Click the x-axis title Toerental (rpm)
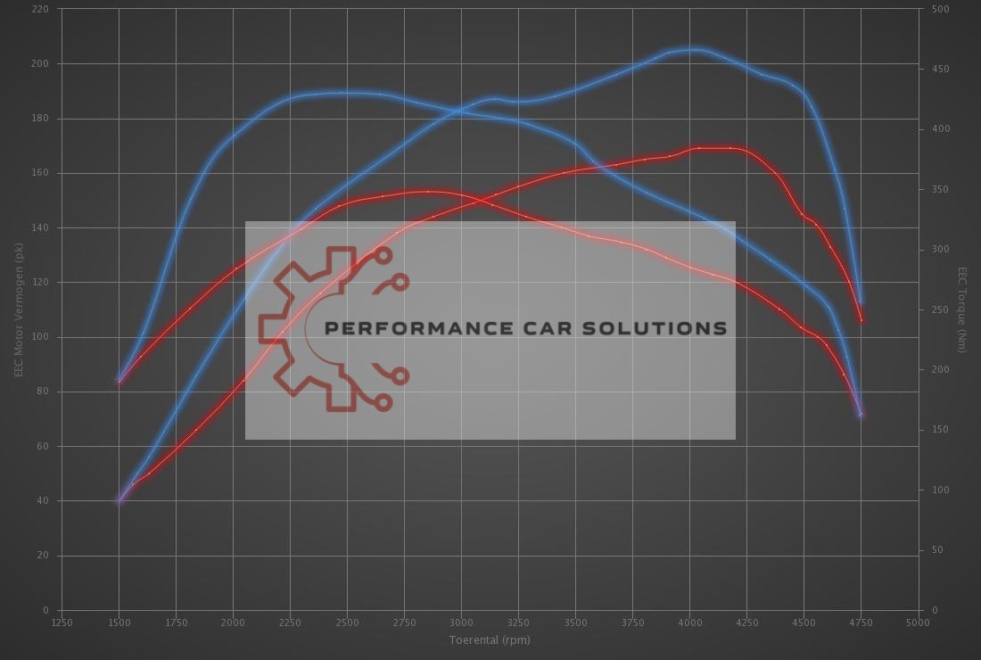click(490, 640)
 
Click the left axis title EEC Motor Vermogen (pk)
click(18, 309)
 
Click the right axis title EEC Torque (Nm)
click(962, 309)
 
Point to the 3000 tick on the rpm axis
click(460, 623)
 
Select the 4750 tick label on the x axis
click(861, 623)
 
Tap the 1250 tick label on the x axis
click(62, 623)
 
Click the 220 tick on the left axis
click(42, 9)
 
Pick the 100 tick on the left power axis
click(42, 337)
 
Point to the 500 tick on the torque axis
click(940, 9)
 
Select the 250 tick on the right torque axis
click(940, 309)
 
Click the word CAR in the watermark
click(553, 328)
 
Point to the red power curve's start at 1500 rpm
click(119, 501)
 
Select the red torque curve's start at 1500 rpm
click(119, 382)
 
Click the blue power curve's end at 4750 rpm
click(861, 303)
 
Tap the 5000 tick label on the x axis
click(918, 623)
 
